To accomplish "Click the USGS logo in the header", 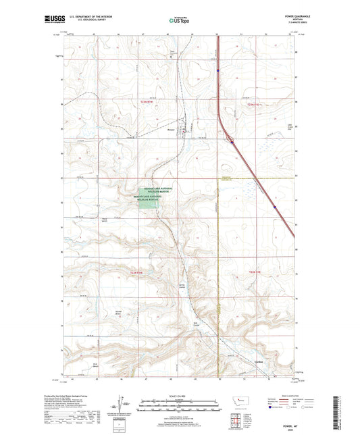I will click(51, 20).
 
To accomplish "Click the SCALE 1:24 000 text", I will click(179, 395).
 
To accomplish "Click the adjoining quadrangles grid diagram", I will click(239, 421).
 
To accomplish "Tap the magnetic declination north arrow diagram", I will click(120, 407).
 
